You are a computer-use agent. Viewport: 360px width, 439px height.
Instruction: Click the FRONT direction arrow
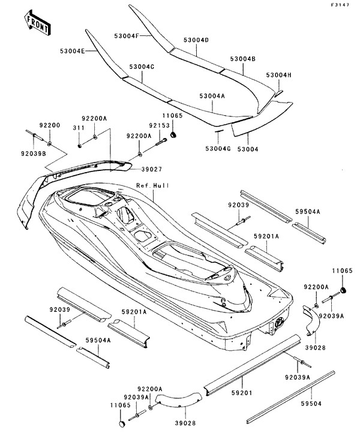[x=38, y=23]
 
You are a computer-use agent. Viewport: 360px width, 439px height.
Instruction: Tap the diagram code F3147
[x=340, y=5]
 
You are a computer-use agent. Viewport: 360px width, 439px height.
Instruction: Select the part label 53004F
[x=127, y=36]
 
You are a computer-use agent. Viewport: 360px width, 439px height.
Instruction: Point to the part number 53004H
[x=279, y=75]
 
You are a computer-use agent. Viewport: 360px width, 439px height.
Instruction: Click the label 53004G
[x=218, y=149]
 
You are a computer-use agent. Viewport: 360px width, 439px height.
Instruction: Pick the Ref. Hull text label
[x=152, y=185]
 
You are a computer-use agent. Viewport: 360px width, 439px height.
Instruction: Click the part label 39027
[x=152, y=169]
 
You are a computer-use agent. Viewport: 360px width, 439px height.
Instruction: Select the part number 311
[x=79, y=128]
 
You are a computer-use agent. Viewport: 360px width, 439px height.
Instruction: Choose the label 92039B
[x=34, y=153]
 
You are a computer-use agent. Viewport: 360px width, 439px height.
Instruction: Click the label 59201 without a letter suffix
[x=242, y=393]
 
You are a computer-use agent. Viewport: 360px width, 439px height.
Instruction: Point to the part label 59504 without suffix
[x=311, y=404]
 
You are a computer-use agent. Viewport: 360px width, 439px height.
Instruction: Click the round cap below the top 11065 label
[x=173, y=135]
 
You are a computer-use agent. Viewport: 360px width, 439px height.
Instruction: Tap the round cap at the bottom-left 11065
[x=122, y=424]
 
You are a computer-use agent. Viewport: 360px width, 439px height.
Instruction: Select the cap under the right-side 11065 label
[x=343, y=290]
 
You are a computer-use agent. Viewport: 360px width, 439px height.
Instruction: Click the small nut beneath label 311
[x=80, y=145]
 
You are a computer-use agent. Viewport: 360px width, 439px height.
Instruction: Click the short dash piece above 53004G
[x=219, y=131]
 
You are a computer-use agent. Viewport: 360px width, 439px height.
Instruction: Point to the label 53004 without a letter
[x=248, y=149]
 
